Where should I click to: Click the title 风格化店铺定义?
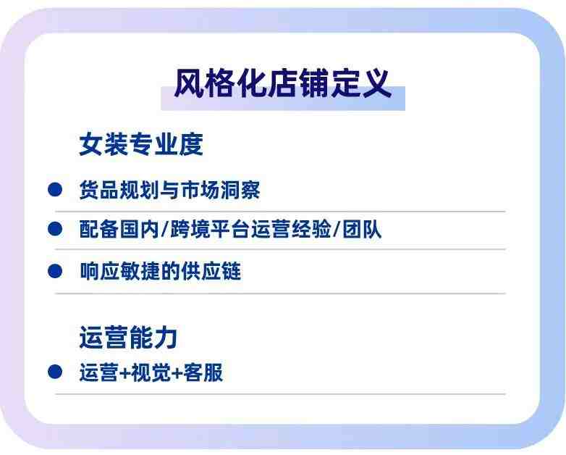(x=283, y=83)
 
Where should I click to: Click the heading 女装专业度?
(x=141, y=144)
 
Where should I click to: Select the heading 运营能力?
(x=128, y=337)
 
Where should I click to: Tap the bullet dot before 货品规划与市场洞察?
(x=55, y=189)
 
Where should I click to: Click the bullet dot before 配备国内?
(x=55, y=229)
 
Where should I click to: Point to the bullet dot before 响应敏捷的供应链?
(x=55, y=271)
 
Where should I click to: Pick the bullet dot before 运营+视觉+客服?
(x=55, y=372)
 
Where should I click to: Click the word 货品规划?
(x=119, y=189)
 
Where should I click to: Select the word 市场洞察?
(x=220, y=189)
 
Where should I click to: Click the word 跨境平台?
(x=210, y=229)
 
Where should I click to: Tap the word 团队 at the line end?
(x=362, y=229)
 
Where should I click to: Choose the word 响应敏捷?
(x=120, y=271)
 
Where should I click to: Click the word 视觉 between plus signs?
(x=151, y=372)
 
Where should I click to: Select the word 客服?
(x=203, y=372)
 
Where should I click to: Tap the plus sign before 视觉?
(x=125, y=373)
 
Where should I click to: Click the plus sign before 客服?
(x=177, y=373)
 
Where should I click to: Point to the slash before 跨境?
(x=165, y=229)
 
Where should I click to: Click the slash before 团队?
(x=337, y=229)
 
